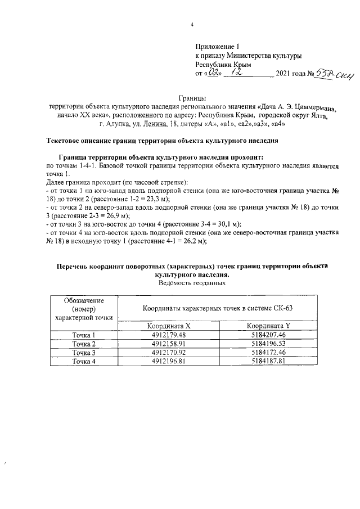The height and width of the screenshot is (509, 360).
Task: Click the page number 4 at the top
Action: [192, 24]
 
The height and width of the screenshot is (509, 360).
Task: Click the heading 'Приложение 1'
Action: [217, 47]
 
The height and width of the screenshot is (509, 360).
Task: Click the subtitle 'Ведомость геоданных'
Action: [192, 283]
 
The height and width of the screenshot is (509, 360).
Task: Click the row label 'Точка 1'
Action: [84, 335]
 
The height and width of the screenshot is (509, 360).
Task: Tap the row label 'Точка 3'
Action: [84, 353]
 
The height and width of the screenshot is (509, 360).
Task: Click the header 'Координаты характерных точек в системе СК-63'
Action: [218, 308]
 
